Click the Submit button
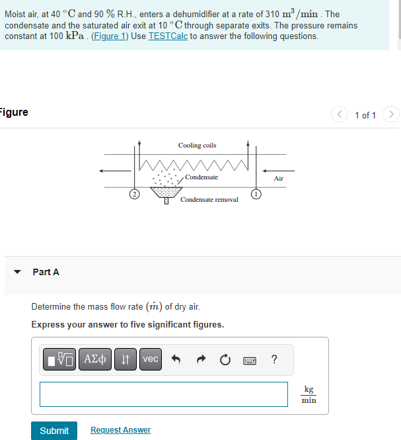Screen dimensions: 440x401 coord(54,430)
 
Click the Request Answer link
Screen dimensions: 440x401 coord(120,430)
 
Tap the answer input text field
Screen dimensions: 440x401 coord(164,394)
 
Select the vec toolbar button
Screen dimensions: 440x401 coord(151,359)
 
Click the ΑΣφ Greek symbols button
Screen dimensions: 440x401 coord(96,359)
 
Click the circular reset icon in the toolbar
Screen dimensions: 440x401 coord(225,360)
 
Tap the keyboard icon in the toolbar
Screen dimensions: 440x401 coord(250,360)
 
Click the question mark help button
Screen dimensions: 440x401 coord(274,359)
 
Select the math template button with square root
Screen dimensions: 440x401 coord(61,359)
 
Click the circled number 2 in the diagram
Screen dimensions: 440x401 coord(134,194)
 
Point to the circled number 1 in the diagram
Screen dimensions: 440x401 coord(254,194)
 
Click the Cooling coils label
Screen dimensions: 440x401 coord(197,146)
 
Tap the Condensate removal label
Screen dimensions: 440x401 coord(209,199)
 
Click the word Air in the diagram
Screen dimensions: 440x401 coord(279,179)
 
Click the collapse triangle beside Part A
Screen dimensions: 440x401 coord(18,272)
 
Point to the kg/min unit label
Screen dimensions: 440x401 coord(309,394)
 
